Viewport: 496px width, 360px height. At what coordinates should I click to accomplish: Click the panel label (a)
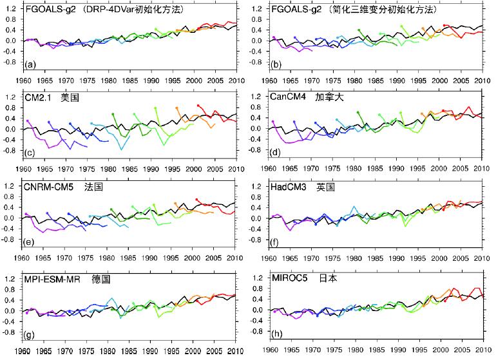pos(30,65)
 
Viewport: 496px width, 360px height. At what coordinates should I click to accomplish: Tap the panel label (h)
pos(277,334)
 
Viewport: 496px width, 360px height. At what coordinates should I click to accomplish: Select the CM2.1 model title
pos(37,97)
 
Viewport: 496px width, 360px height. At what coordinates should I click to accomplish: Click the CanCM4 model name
pos(288,97)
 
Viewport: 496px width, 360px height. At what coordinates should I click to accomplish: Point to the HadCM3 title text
pos(289,187)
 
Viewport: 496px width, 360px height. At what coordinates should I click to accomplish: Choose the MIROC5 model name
pos(289,278)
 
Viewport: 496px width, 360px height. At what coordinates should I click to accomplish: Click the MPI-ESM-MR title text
pos(52,279)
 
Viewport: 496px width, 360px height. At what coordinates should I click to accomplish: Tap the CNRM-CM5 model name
pos(48,187)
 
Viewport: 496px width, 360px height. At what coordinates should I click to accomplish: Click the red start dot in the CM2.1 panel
pos(198,106)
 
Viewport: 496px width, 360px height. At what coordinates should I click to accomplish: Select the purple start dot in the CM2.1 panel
pos(28,121)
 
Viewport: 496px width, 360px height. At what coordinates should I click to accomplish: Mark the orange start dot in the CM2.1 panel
pos(177,108)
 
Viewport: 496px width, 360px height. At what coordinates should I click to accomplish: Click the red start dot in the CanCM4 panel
pos(443,111)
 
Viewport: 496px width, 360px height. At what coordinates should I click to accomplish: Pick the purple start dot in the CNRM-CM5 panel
pos(26,214)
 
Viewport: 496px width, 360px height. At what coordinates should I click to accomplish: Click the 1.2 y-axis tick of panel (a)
pos(10,8)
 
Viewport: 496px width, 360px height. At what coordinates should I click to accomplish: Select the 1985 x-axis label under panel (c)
pos(129,169)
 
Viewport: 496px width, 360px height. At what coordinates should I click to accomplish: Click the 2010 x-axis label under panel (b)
pos(482,81)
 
